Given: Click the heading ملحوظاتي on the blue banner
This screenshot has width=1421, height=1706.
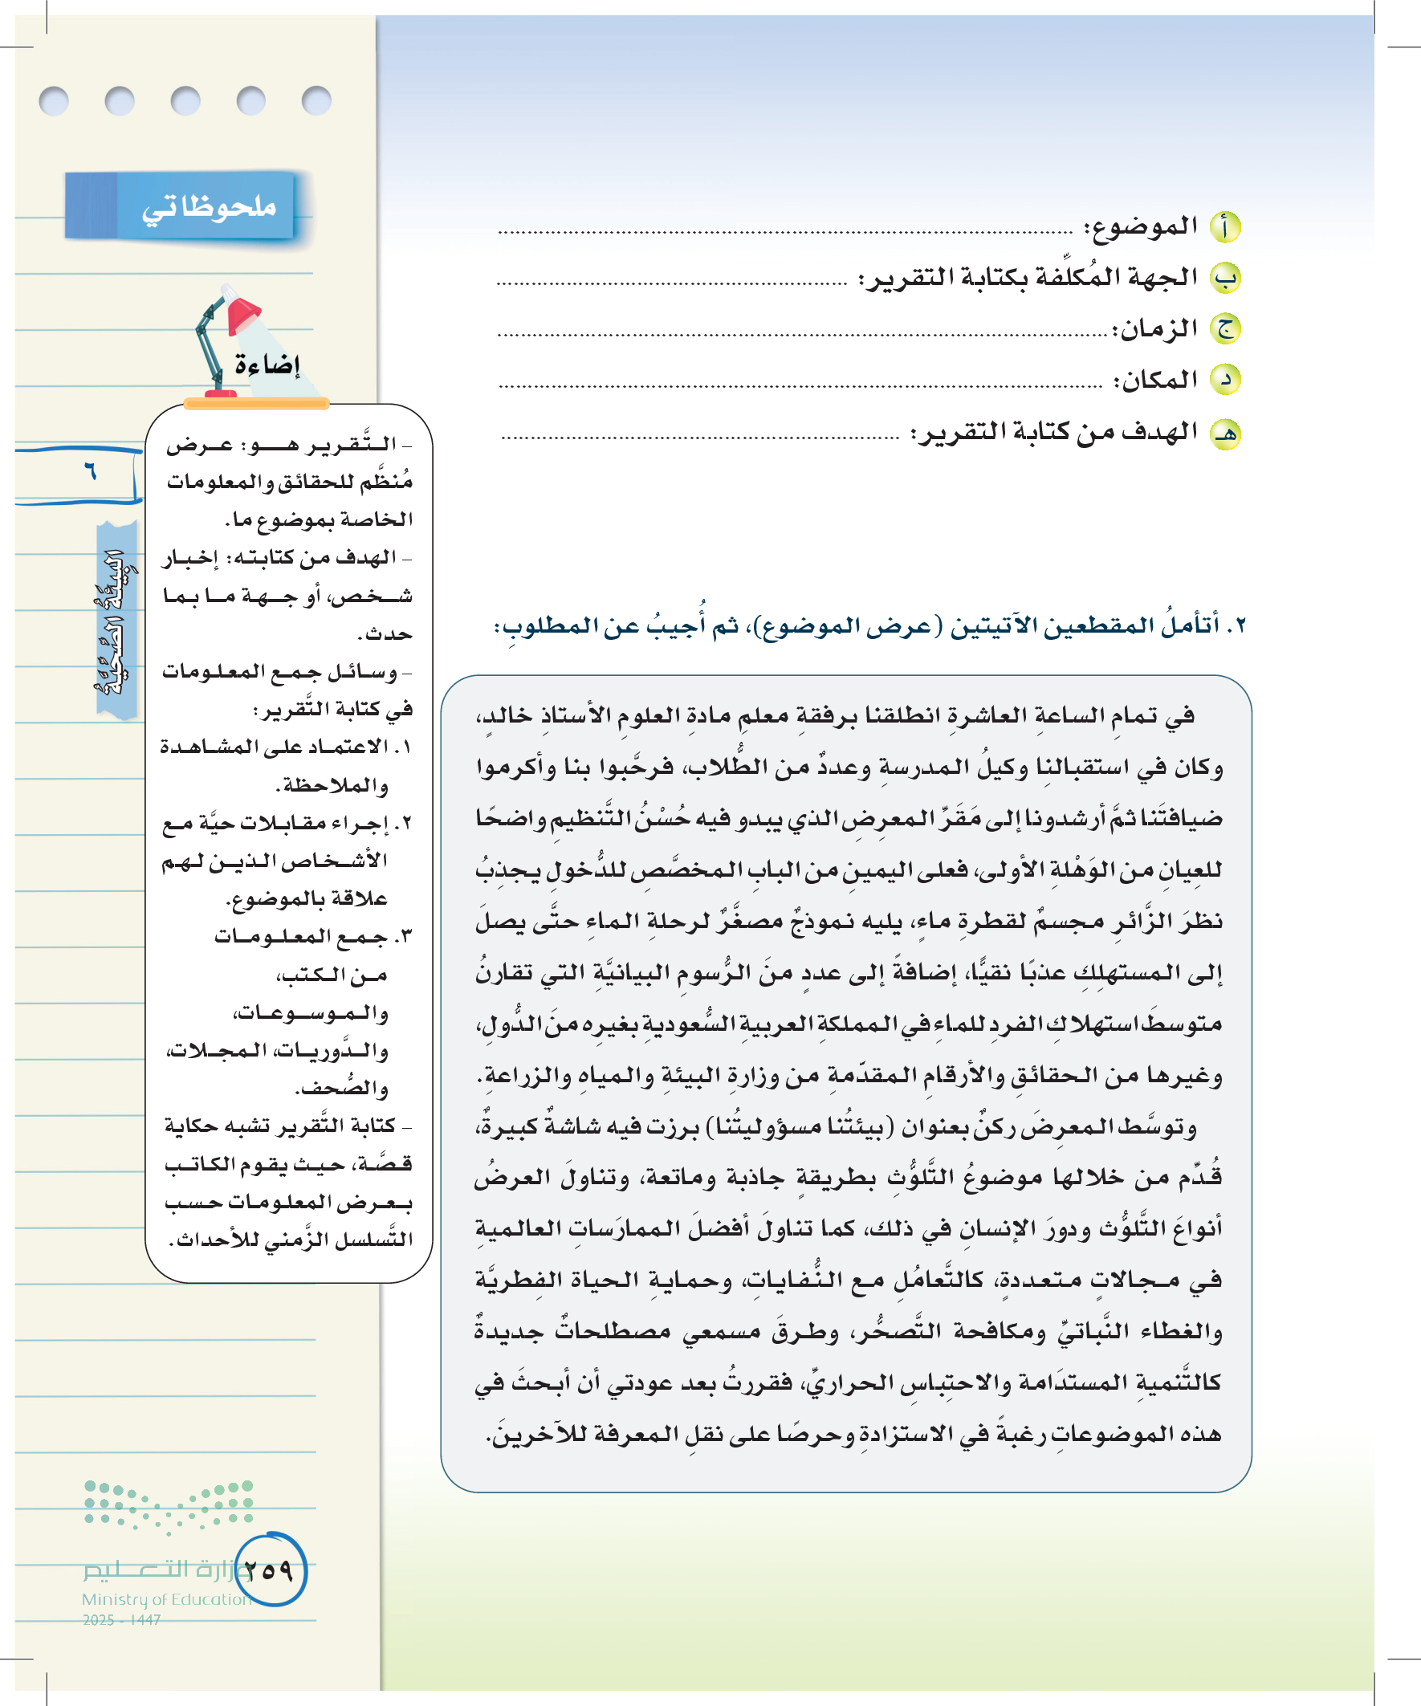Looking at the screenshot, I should (x=209, y=208).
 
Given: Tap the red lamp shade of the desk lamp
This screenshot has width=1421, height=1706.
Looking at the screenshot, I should (x=243, y=314).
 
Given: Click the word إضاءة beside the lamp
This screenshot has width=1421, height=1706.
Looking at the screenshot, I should (x=267, y=364).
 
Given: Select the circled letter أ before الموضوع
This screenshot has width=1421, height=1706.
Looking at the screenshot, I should (x=1225, y=227).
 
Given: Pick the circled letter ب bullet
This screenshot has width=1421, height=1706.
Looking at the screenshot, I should (x=1225, y=278).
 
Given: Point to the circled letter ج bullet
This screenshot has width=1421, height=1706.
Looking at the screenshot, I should (x=1225, y=329).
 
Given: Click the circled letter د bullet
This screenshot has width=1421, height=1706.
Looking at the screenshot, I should (x=1225, y=380).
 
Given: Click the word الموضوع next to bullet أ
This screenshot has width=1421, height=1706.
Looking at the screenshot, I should (x=1142, y=226).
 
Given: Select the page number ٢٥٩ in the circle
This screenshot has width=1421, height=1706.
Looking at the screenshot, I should (x=269, y=1570).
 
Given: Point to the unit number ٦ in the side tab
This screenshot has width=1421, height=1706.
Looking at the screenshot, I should (x=90, y=470).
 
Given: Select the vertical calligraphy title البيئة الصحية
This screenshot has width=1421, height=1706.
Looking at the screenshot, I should (x=116, y=621).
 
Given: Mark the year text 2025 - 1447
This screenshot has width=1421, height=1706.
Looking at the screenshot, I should (x=122, y=1620).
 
